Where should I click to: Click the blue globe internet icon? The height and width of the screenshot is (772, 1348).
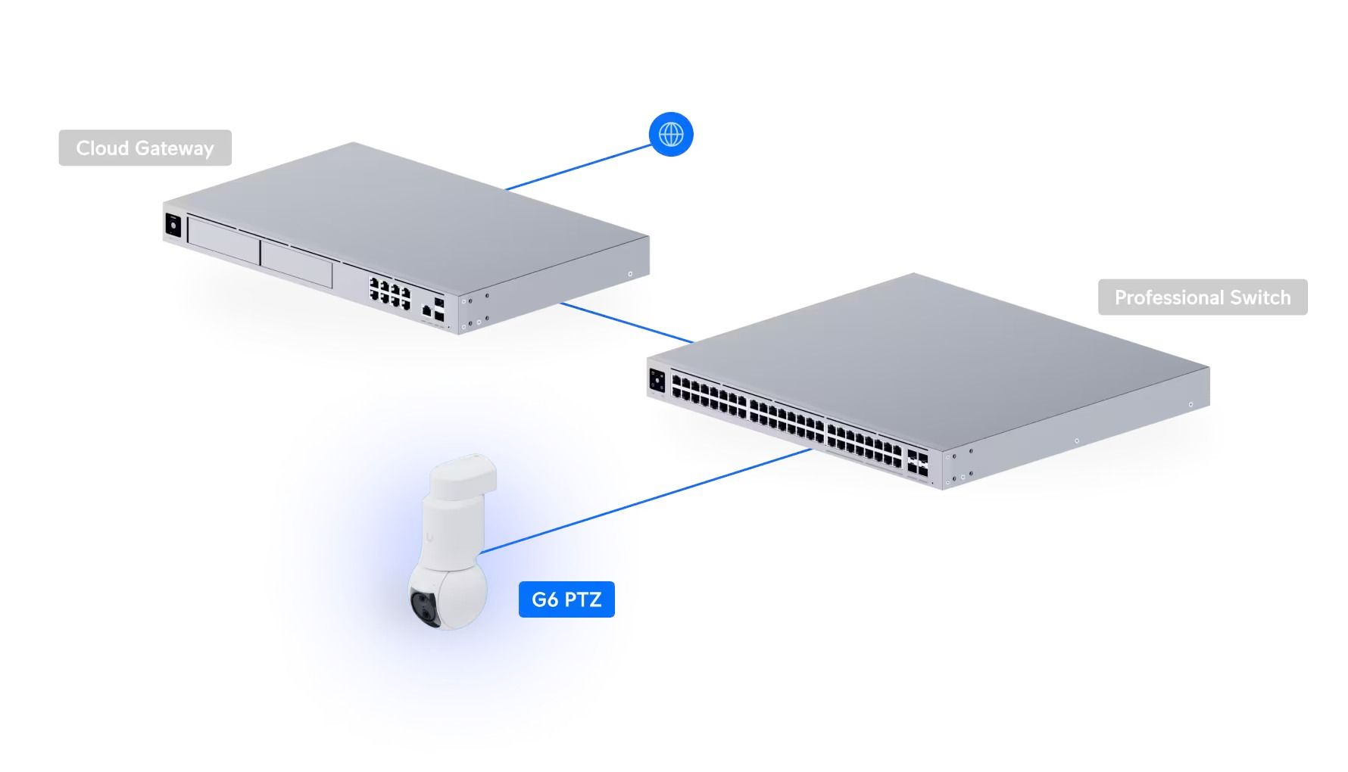[671, 135]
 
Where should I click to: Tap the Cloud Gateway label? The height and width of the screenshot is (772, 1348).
[145, 148]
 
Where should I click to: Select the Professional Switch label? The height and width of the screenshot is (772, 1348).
[1202, 297]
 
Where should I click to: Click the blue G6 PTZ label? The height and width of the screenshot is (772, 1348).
[566, 599]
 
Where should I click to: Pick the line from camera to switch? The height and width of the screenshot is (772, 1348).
[644, 500]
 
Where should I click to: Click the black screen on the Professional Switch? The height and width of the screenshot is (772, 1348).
[657, 381]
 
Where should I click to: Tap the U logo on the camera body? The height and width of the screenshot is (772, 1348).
[429, 538]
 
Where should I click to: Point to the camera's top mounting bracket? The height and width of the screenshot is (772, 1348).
[463, 476]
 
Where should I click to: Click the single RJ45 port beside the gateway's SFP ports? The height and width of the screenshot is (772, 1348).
[427, 310]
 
